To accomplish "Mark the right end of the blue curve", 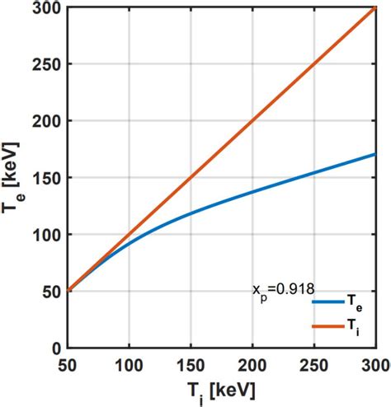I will click(375, 154).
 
